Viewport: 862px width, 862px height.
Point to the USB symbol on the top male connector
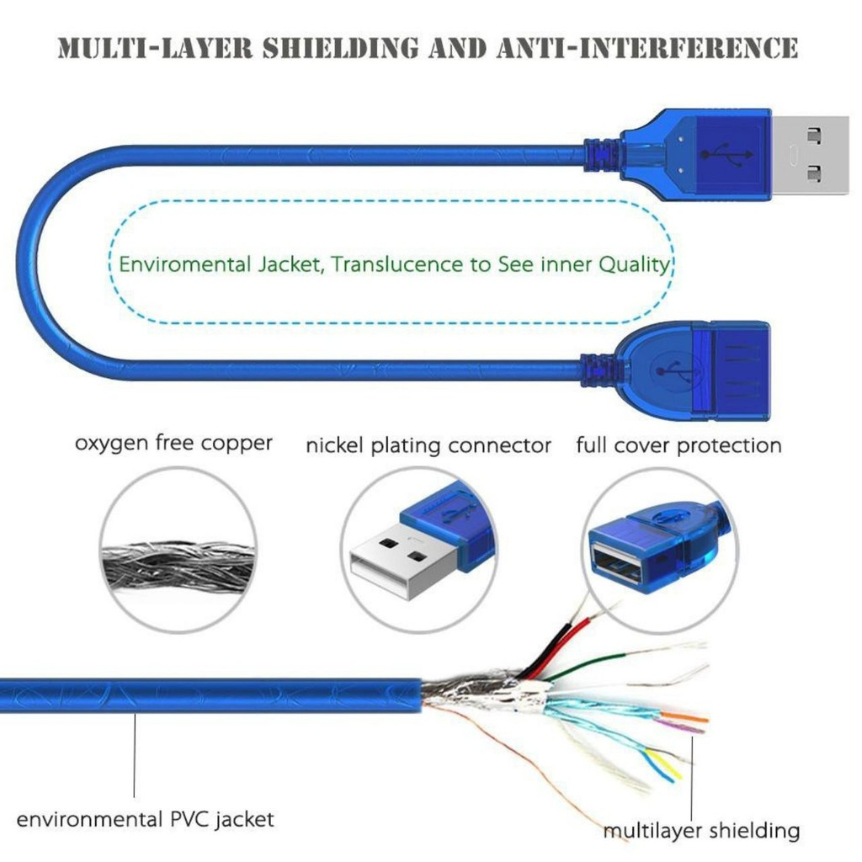pos(721,154)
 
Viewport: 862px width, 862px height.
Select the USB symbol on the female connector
pos(671,369)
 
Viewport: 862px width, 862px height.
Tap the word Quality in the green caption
pos(634,264)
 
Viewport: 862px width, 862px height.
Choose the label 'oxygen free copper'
pos(173,442)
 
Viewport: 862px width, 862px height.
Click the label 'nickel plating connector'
pos(428,445)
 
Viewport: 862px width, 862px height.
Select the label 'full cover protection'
pos(678,444)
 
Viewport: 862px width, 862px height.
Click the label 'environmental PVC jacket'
pos(145,818)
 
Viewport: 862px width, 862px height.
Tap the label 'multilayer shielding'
pos(700,832)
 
